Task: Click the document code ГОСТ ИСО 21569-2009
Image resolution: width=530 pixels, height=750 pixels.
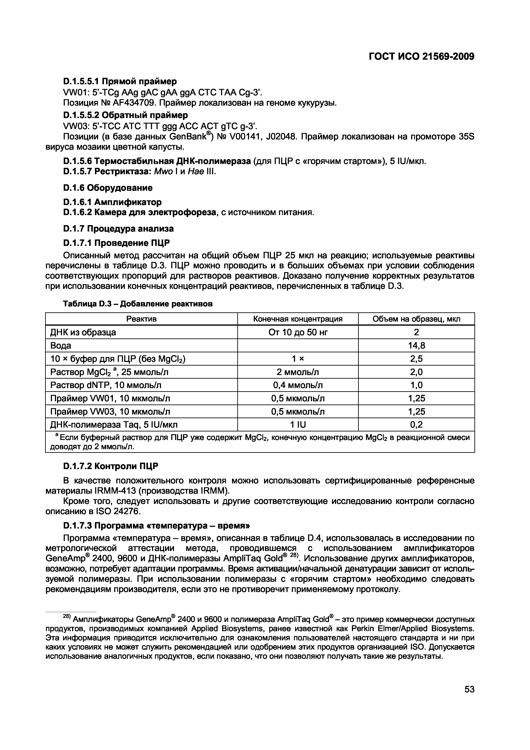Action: pos(421,57)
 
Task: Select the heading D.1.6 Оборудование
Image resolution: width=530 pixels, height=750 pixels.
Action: pos(108,188)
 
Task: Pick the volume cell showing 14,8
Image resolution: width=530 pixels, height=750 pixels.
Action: pos(416,345)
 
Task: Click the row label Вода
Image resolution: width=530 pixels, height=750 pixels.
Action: pos(61,345)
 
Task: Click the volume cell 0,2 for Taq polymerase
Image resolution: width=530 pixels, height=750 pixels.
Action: pos(416,425)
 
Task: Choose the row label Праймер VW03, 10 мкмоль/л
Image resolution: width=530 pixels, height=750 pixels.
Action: pos(110,412)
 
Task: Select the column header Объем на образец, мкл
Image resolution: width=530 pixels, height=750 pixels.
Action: pos(416,319)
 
